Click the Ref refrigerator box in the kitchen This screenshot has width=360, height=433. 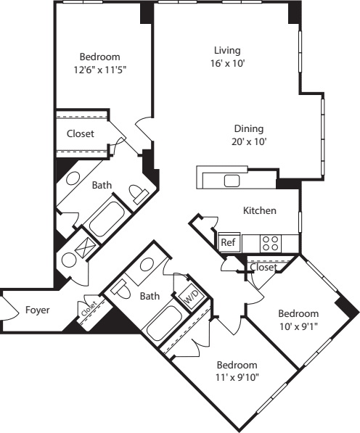click(229, 242)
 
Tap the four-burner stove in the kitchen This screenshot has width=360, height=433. click(271, 244)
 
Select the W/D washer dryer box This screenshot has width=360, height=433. click(192, 297)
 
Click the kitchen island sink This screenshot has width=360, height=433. click(232, 181)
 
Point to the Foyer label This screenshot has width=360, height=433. click(38, 310)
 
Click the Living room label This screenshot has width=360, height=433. click(227, 50)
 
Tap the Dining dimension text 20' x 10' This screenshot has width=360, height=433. click(249, 141)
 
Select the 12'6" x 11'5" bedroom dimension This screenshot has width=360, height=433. click(100, 70)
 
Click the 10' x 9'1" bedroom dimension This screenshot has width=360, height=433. click(298, 326)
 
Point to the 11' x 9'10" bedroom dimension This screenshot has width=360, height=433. click(237, 377)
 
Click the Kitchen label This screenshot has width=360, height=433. click(260, 210)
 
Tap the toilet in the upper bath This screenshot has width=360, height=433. click(139, 193)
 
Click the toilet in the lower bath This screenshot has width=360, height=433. click(120, 289)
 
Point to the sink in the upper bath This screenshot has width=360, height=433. click(73, 178)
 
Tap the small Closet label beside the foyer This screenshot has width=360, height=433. click(89, 308)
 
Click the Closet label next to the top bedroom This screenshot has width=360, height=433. click(81, 133)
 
